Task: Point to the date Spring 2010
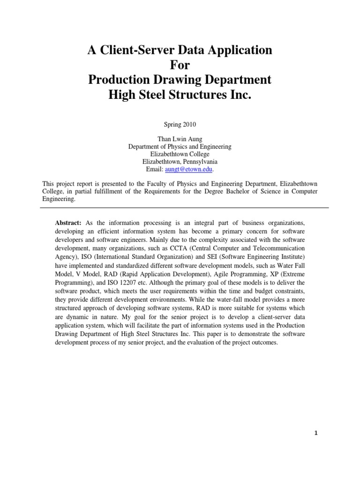pyautogui.click(x=180, y=125)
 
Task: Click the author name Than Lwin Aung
pyautogui.click(x=180, y=139)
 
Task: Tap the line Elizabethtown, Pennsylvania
pyautogui.click(x=180, y=161)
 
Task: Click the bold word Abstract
pyautogui.click(x=68, y=222)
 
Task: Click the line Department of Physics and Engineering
pyautogui.click(x=180, y=147)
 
